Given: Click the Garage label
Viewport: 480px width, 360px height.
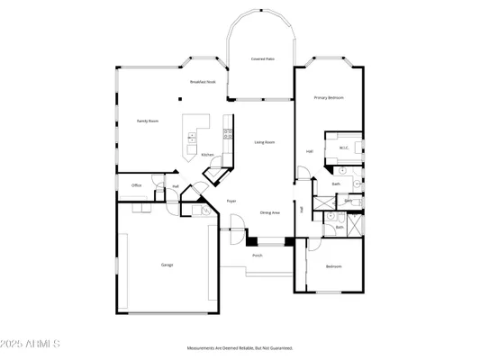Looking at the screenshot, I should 167,265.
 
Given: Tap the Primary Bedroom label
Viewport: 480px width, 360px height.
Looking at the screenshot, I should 329,96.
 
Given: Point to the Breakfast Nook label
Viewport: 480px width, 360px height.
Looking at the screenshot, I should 203,82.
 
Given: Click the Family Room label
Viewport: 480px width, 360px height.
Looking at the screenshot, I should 148,120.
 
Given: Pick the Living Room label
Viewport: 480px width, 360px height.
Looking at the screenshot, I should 264,142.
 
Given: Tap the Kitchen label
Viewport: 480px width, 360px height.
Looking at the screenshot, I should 207,155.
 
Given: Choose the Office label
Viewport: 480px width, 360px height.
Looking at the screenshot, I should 137,185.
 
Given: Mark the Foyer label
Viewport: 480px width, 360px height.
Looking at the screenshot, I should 231,201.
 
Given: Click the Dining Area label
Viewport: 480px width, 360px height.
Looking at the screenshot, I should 269,212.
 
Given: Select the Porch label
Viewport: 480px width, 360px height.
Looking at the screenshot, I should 258,256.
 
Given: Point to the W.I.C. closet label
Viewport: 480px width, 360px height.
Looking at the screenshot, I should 343,148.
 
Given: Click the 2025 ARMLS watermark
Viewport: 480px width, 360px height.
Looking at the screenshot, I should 32,344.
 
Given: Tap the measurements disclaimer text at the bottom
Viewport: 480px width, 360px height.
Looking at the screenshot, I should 240,347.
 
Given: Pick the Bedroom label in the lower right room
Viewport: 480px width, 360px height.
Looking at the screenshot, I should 333,266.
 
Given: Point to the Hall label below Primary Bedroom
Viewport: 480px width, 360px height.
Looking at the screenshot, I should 310,151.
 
